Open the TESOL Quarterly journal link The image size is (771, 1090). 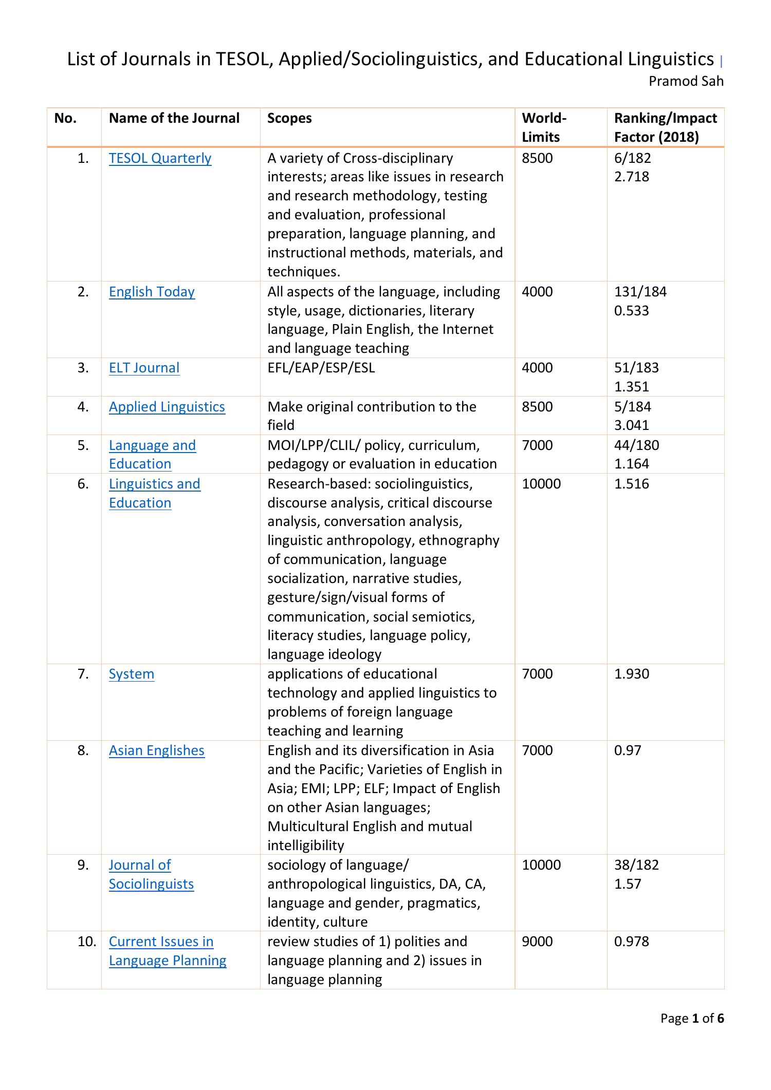(160, 158)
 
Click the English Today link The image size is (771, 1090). (152, 292)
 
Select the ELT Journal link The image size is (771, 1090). (144, 368)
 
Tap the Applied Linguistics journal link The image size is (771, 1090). (167, 407)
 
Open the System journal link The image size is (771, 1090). (131, 674)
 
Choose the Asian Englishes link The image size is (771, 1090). (156, 750)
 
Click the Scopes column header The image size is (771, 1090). (289, 119)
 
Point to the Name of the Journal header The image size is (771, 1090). (174, 119)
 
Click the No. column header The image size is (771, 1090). (65, 119)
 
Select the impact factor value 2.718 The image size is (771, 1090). (631, 177)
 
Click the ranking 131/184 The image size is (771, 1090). (640, 292)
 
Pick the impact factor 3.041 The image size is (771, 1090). (631, 425)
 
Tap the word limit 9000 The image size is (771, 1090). (537, 942)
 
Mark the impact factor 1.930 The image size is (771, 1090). (631, 674)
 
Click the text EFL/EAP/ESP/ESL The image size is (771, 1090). (321, 368)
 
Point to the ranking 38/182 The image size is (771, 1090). (636, 865)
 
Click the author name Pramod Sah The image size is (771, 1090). (686, 81)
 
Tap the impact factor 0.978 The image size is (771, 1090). (631, 942)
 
